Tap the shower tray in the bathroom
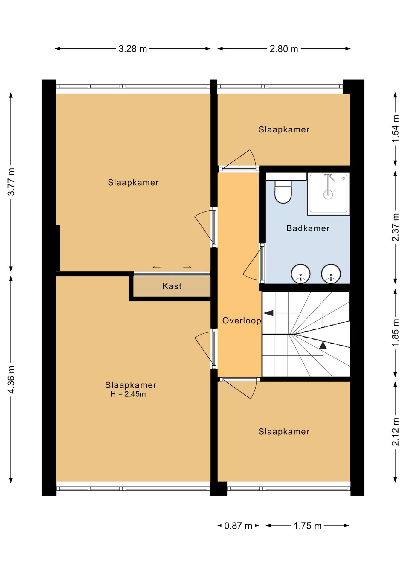328,194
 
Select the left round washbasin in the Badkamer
300,273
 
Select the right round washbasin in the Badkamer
331,273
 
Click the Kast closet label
172,286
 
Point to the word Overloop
242,321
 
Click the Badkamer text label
308,228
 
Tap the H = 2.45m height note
128,394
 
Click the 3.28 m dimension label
133,49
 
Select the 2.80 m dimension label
284,49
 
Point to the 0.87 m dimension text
238,526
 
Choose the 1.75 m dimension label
307,526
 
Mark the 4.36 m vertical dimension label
11,379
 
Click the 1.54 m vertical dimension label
395,129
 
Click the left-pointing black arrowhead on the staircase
268,313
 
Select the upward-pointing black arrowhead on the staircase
323,345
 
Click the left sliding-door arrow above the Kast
157,267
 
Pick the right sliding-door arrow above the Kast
187,267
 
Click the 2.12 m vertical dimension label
395,432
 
